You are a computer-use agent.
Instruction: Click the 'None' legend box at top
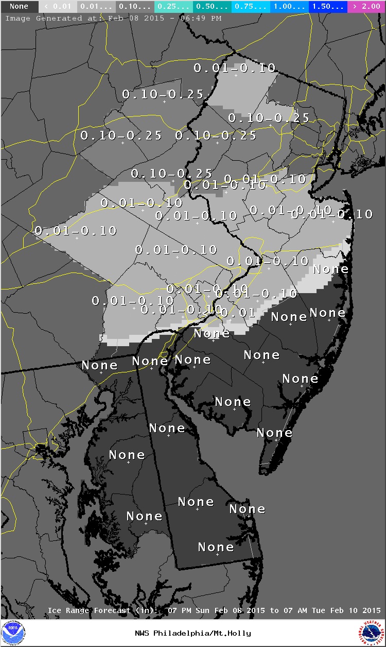[19, 7]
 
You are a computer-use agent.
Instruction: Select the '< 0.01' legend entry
[57, 7]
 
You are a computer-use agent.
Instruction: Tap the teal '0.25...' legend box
[173, 7]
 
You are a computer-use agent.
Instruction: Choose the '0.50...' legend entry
[212, 7]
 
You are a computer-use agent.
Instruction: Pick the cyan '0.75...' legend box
[251, 7]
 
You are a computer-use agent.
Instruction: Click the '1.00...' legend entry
[289, 7]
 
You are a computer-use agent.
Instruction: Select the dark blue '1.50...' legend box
[328, 7]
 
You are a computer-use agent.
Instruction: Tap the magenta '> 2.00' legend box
[366, 7]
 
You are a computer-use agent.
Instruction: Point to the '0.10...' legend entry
[135, 7]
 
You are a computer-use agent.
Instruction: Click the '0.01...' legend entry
[96, 7]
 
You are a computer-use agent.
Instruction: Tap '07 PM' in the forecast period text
[178, 610]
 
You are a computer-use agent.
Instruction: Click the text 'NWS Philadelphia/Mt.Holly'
[193, 633]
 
